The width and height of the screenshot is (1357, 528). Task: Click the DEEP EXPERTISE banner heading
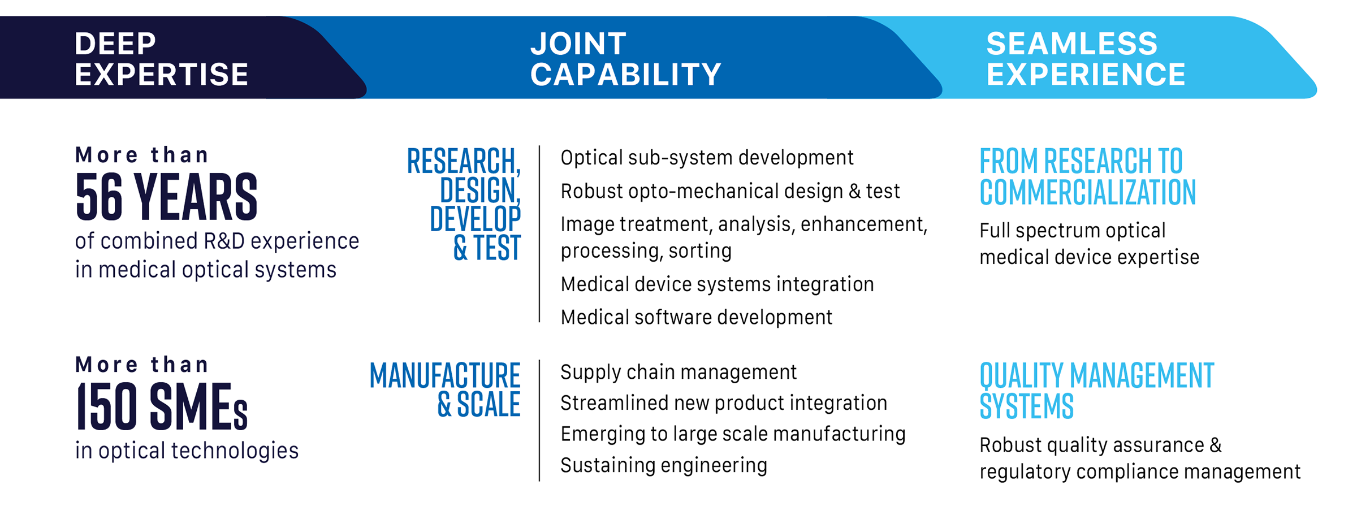[161, 59]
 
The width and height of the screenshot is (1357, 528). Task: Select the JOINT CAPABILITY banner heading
[625, 59]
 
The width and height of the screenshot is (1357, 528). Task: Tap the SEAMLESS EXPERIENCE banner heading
[1086, 59]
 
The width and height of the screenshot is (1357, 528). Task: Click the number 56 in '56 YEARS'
[99, 197]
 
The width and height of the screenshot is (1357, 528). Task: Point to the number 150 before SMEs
[106, 406]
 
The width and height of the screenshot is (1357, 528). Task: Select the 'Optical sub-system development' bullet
[707, 158]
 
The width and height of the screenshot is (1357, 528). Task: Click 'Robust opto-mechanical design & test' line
[730, 191]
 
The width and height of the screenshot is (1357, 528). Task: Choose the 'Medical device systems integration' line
[717, 284]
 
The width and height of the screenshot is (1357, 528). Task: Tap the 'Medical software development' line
[696, 317]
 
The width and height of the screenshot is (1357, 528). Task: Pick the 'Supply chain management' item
[678, 372]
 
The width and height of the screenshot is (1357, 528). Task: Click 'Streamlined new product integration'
[724, 403]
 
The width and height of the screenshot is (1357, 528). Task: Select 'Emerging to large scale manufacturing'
[733, 434]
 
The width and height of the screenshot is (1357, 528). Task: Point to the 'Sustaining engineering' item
[664, 465]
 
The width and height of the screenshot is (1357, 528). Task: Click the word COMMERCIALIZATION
[1088, 192]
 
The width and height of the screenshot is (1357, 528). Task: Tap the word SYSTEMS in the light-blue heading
[1026, 406]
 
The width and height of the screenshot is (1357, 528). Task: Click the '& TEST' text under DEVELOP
[486, 248]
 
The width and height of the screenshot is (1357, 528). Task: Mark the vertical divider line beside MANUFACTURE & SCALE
[539, 421]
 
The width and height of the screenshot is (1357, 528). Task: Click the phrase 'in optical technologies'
[187, 451]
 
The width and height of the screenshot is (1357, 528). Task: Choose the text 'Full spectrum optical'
[1072, 231]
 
